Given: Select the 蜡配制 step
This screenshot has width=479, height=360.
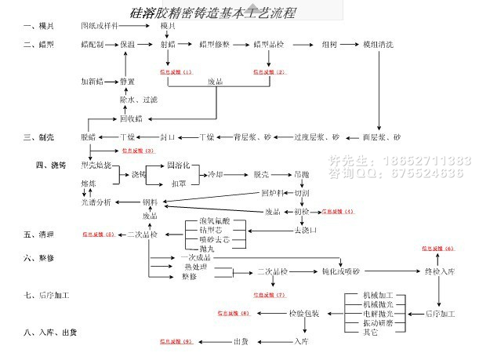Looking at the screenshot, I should pyautogui.click(x=93, y=45).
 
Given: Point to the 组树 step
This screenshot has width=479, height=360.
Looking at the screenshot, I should pyautogui.click(x=329, y=45).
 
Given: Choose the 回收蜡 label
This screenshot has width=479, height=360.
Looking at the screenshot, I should pyautogui.click(x=129, y=118).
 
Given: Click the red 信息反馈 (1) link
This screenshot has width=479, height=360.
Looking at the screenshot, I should pyautogui.click(x=175, y=72).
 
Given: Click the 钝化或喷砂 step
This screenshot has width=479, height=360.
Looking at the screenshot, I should pyautogui.click(x=339, y=271).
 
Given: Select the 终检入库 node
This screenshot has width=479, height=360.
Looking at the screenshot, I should pyautogui.click(x=439, y=271).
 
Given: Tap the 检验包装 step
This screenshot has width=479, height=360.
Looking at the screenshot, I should pyautogui.click(x=303, y=314).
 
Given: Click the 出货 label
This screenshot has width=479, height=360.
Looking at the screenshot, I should pyautogui.click(x=241, y=342).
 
